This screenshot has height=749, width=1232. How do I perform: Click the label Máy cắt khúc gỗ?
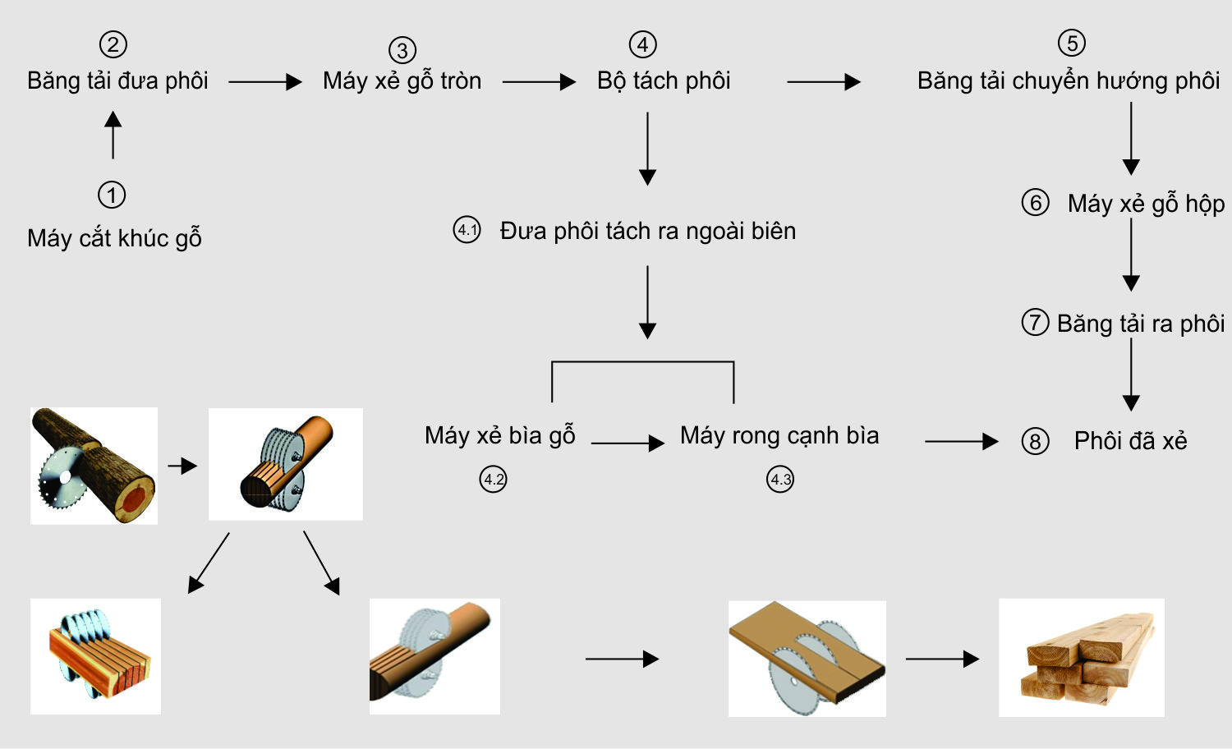coord(114,238)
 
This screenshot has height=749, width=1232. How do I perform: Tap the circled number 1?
coord(112,195)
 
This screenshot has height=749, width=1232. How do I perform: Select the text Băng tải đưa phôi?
coord(117,81)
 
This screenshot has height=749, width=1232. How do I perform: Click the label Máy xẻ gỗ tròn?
coord(402,81)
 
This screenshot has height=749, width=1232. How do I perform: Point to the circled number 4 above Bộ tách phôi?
coord(642,44)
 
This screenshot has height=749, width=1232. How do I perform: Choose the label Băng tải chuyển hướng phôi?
coord(1068,81)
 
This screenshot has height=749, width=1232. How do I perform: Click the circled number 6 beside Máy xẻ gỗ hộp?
coord(1035,203)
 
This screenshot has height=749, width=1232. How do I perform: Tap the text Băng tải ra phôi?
coord(1140,324)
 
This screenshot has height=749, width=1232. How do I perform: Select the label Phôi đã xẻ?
coord(1130,441)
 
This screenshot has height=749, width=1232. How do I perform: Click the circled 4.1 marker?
coord(467,230)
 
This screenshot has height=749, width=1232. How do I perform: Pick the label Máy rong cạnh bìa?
coord(779,435)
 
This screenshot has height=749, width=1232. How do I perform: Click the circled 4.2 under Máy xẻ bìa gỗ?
coord(493,479)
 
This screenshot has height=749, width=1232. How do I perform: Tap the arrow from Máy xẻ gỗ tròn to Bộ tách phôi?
coord(539,82)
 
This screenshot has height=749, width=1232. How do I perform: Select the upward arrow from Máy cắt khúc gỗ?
coord(113,136)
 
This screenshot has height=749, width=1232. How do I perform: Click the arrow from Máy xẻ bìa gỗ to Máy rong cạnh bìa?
coord(627,443)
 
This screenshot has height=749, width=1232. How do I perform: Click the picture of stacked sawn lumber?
coord(1081,657)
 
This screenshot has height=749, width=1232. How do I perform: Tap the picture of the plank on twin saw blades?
coord(807,659)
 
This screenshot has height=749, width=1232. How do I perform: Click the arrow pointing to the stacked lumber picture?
coord(941,659)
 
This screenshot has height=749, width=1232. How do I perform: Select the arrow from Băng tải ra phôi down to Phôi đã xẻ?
coord(1131,374)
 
